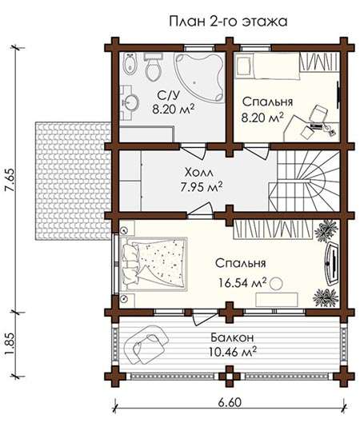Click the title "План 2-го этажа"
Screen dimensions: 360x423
tap(228, 22)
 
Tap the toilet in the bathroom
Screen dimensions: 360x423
tap(153, 66)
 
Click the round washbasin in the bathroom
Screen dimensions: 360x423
tap(130, 102)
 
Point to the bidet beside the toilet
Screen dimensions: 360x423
tap(130, 64)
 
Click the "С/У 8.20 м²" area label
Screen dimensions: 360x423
tap(173, 102)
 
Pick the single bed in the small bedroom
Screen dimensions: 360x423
tap(267, 66)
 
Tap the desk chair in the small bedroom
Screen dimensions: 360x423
tap(318, 114)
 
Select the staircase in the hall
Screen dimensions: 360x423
tap(304, 181)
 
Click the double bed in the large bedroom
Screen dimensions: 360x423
tap(154, 264)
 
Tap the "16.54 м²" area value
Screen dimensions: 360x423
tap(242, 283)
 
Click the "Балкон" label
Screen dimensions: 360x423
tap(232, 337)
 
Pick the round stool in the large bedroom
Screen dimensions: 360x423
tap(276, 284)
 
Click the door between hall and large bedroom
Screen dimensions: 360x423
tap(200, 210)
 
